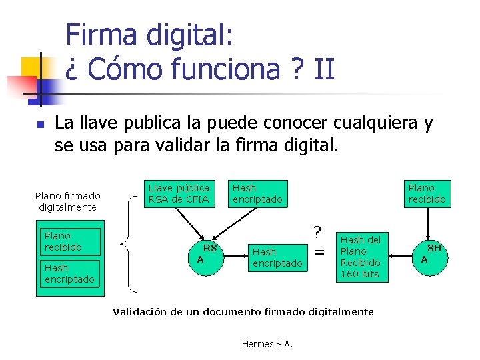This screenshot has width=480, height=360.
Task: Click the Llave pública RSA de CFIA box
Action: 179,193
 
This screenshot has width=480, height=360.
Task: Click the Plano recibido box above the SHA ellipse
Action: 427,193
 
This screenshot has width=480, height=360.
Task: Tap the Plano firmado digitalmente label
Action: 67,201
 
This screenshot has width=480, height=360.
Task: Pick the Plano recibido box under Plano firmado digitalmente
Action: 69,241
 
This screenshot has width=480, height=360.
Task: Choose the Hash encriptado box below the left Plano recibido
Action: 69,273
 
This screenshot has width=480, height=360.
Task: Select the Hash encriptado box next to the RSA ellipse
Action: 277,257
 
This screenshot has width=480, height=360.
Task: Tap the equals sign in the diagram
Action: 320,252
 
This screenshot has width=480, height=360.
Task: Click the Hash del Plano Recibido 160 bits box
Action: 361,257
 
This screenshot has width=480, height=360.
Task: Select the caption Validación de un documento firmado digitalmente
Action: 243,311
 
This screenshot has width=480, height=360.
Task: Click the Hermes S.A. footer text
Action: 267,344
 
